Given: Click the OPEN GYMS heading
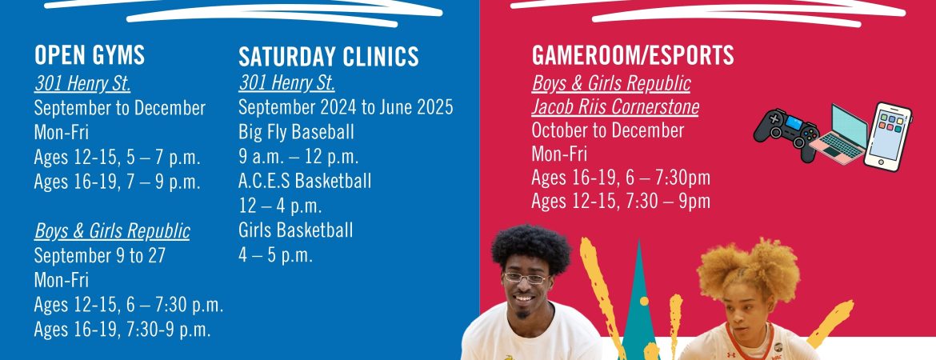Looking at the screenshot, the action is pos(90,55).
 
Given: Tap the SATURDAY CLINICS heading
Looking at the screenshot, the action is pos(328,57).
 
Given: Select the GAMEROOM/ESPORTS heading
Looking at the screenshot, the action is pos(633,55).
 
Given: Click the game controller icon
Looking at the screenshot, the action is pos(786,134).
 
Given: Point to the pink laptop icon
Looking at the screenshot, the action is pos(839,136).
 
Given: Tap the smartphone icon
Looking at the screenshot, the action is pos(888,137).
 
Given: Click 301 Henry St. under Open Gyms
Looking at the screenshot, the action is pos(82,83).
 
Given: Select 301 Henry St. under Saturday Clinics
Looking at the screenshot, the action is pos(286,82).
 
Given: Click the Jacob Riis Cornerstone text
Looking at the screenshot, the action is pos(615,107).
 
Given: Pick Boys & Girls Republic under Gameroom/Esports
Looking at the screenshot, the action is pos(610,83).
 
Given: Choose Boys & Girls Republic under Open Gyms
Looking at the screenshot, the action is pos(112,230).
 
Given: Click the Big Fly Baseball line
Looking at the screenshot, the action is pos(296,132).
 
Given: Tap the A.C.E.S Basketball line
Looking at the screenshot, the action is pos(305,181).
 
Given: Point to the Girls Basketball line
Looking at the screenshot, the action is pos(295,230).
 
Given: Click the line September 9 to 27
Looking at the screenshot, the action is pos(100,255).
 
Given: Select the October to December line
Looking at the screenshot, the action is pos(608,130).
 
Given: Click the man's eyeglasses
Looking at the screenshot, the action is pos(526,278).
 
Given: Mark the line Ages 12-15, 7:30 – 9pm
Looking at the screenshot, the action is pos(621,201).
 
